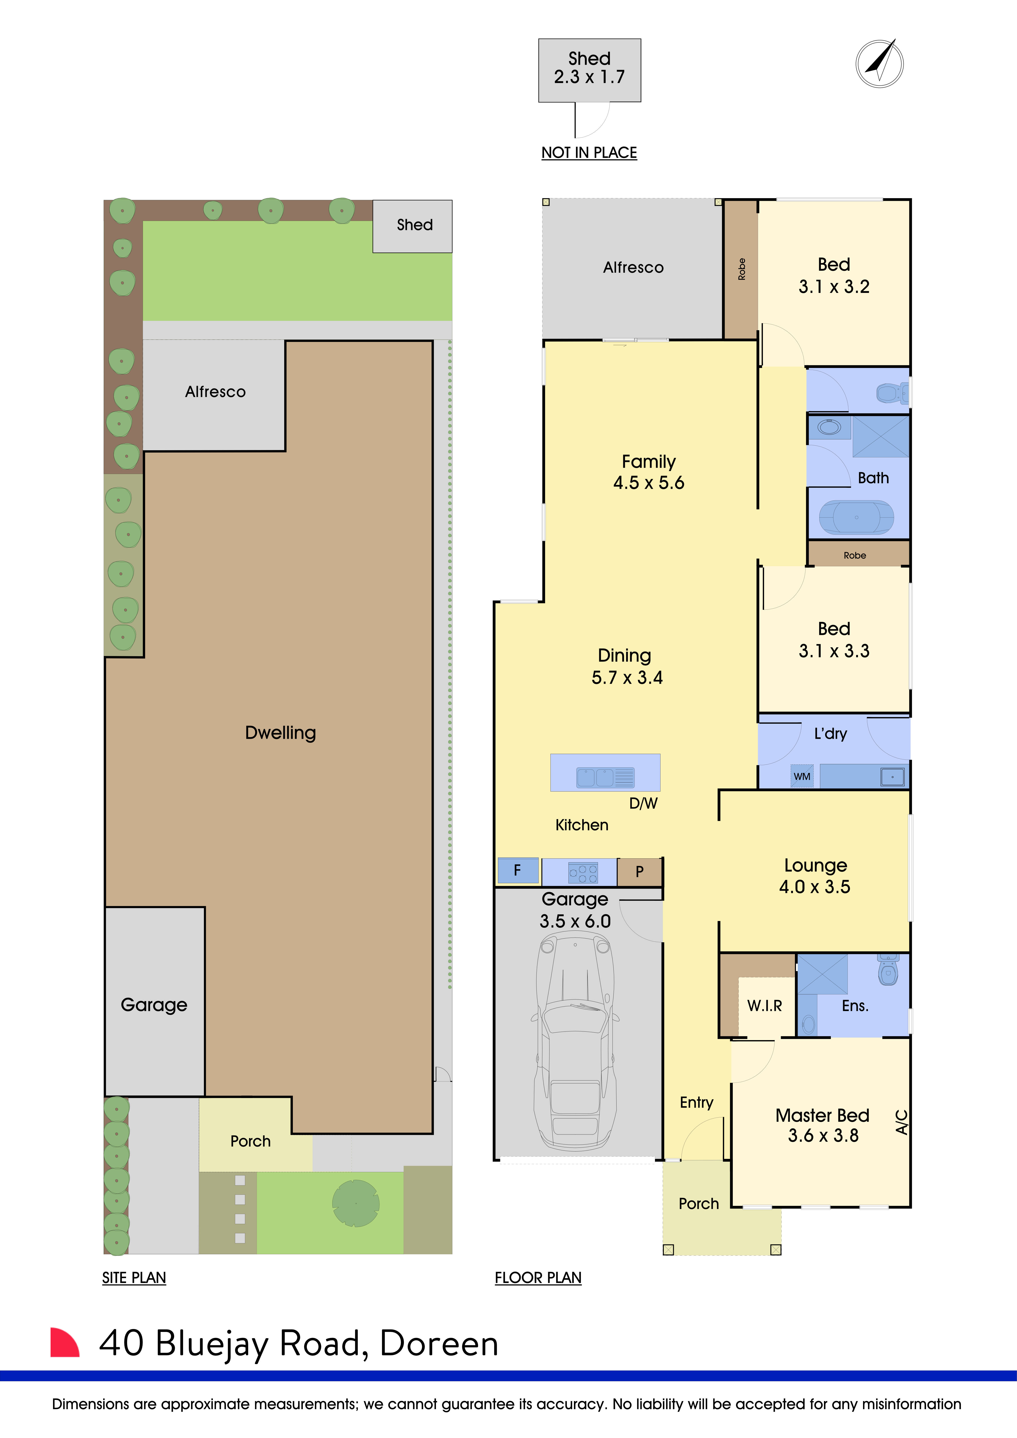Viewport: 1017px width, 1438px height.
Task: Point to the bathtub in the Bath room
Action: click(856, 517)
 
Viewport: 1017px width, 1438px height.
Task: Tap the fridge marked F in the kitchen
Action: click(517, 870)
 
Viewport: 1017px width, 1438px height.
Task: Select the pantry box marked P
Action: click(639, 871)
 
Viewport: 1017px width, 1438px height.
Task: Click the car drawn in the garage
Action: click(575, 1043)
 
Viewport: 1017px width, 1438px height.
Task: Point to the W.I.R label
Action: click(765, 1006)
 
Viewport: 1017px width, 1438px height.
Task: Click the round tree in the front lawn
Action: click(356, 1203)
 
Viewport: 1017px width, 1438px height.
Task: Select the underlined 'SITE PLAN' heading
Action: click(134, 1278)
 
